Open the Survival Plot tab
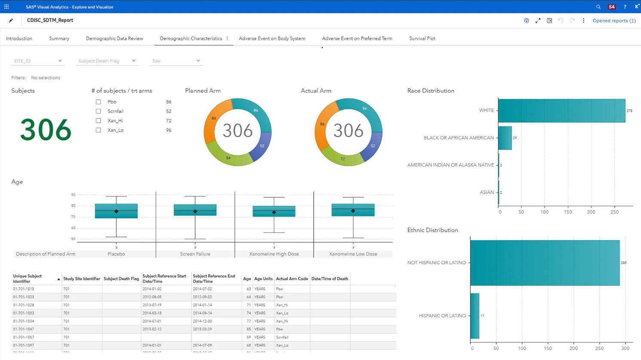click(x=422, y=38)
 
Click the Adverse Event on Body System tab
click(x=272, y=38)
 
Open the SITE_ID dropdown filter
click(x=38, y=61)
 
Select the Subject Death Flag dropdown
click(x=107, y=61)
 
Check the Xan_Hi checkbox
click(x=98, y=121)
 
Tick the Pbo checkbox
click(x=98, y=102)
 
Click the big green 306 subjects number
click(x=46, y=130)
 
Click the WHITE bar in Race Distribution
click(x=561, y=110)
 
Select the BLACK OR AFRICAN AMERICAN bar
click(x=505, y=138)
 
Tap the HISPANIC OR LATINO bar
click(x=475, y=316)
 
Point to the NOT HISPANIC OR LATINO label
click(x=436, y=262)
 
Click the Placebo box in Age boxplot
click(x=116, y=211)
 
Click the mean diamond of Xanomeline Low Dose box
click(x=353, y=211)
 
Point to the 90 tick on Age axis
click(x=73, y=195)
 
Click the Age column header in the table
click(x=247, y=279)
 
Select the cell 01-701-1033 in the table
click(x=24, y=313)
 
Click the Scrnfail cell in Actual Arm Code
click(x=282, y=337)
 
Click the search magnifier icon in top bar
click(x=598, y=7)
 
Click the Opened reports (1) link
click(x=614, y=21)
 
